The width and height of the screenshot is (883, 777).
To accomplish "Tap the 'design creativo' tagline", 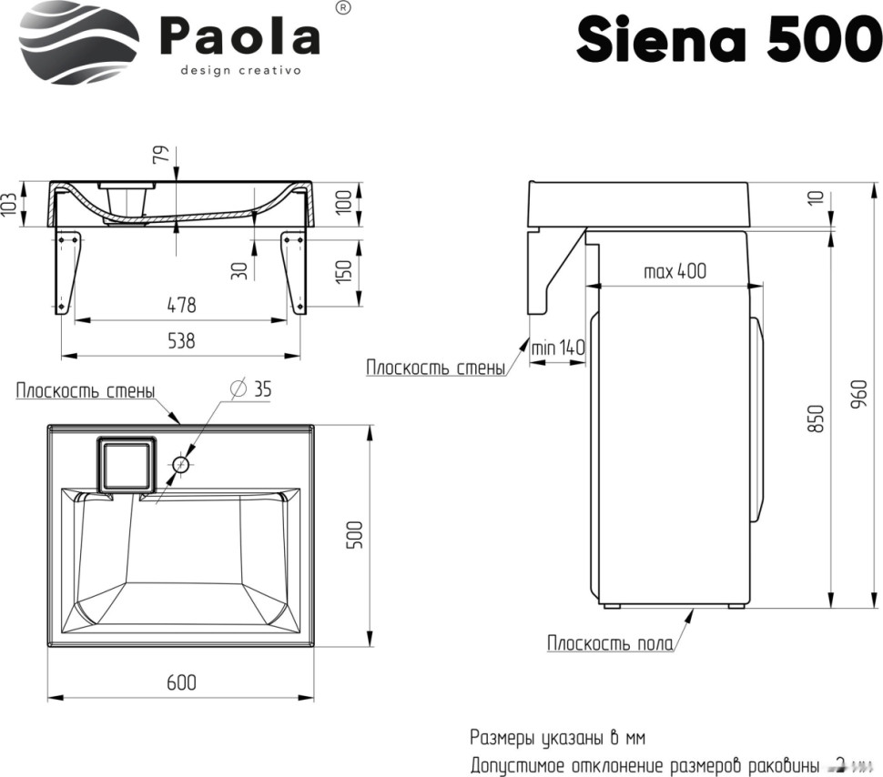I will (240, 71).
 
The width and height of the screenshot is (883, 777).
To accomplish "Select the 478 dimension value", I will (180, 305).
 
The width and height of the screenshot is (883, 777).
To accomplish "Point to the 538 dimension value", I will (180, 341).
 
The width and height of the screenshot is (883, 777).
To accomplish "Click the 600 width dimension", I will (181, 681).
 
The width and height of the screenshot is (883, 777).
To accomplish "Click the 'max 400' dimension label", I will (675, 271).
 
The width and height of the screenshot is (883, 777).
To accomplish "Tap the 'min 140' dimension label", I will (558, 348).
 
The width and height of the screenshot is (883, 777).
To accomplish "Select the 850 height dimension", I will (816, 419).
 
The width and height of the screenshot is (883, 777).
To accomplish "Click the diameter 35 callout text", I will (252, 389).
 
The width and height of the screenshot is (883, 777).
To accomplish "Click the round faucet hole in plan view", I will (180, 464).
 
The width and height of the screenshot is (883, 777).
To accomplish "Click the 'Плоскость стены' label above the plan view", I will (85, 391).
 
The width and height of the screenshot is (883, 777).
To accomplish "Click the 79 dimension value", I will (161, 155).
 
